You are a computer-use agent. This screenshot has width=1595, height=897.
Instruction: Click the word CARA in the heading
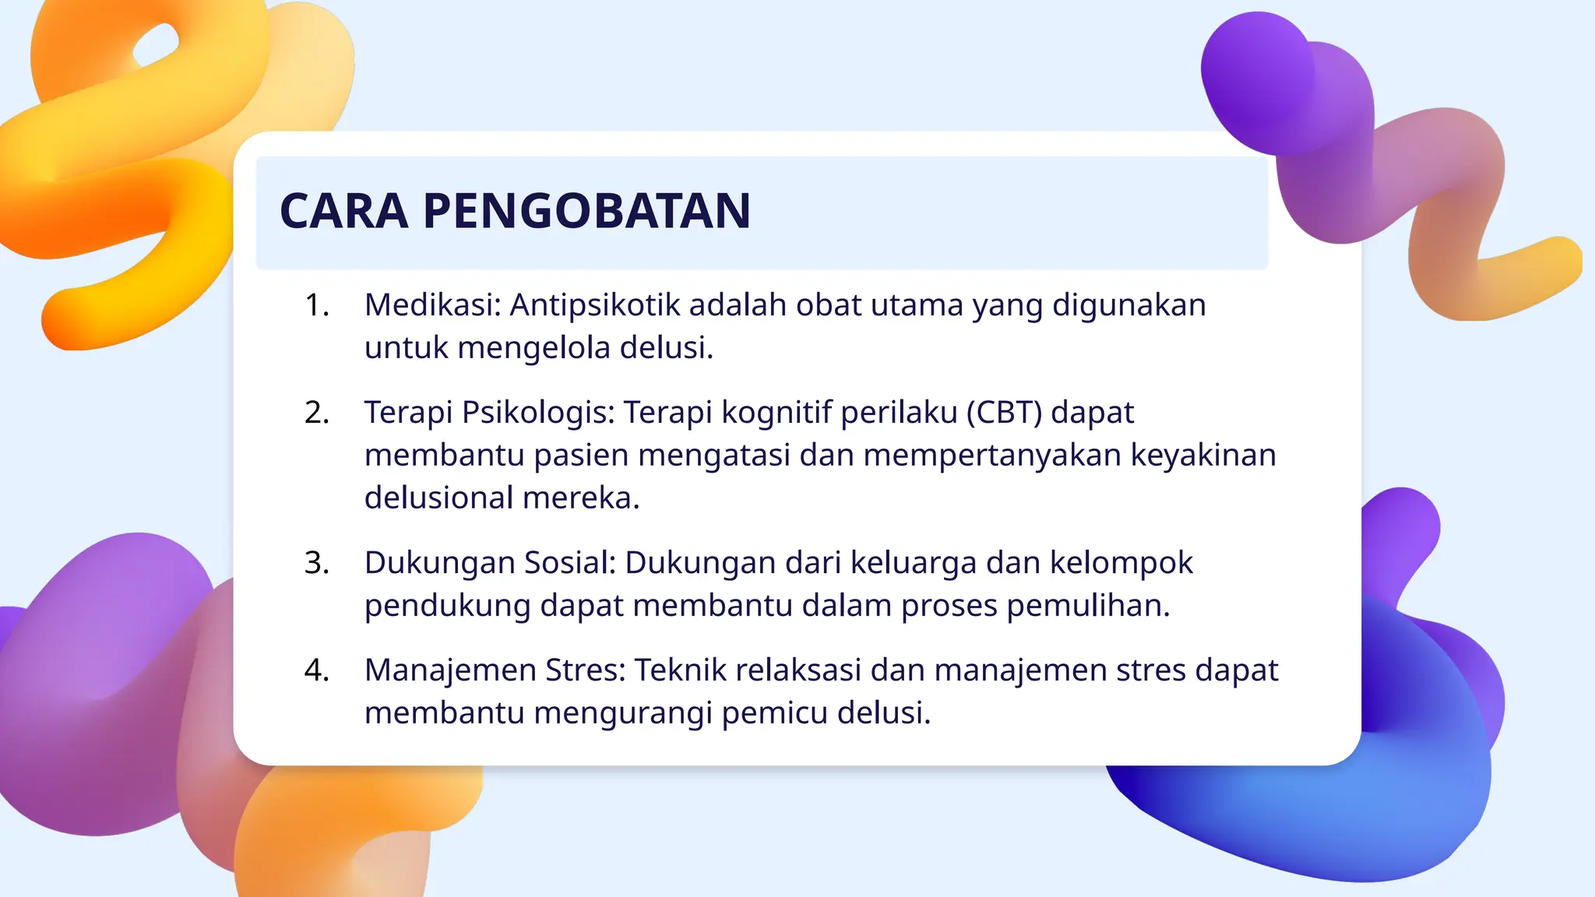pos(343,211)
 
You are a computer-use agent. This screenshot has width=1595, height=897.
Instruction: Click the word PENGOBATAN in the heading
pos(586,211)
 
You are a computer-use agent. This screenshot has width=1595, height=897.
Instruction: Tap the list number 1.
pos(316,305)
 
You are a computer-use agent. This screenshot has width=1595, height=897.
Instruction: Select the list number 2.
pos(316,413)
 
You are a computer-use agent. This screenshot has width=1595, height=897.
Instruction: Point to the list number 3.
pos(316,563)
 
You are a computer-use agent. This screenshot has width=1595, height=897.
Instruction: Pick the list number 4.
pos(316,670)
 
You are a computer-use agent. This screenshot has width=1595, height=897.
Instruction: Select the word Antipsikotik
pos(594,305)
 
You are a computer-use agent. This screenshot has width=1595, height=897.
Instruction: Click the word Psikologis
pos(538,413)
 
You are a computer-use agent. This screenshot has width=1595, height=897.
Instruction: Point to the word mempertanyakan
pos(991,456)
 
